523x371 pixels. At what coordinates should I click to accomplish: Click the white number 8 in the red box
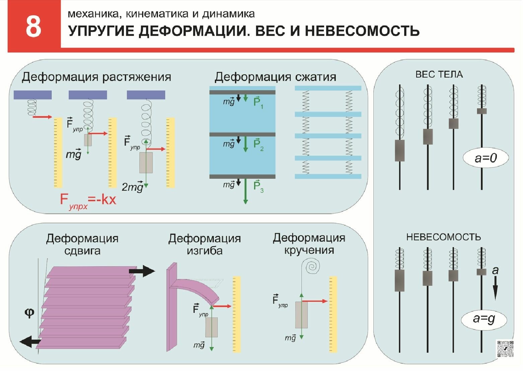(x=33, y=27)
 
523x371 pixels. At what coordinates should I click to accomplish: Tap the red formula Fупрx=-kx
(x=88, y=200)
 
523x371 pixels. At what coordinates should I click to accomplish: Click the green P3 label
(x=258, y=186)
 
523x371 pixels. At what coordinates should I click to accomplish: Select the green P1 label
(x=258, y=102)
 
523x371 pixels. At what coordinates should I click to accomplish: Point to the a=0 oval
(x=486, y=158)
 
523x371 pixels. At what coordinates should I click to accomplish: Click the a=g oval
(x=484, y=319)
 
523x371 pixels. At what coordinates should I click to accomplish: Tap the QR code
(x=505, y=349)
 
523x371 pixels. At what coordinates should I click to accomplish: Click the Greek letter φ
(x=29, y=313)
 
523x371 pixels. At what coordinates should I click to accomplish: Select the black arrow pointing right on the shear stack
(x=142, y=271)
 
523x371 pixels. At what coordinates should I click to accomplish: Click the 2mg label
(x=133, y=187)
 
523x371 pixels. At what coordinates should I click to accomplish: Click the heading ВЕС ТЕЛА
(x=439, y=74)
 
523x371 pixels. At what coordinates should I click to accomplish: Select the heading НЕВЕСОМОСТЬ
(x=443, y=237)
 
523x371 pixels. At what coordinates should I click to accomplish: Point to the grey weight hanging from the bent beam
(x=211, y=327)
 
